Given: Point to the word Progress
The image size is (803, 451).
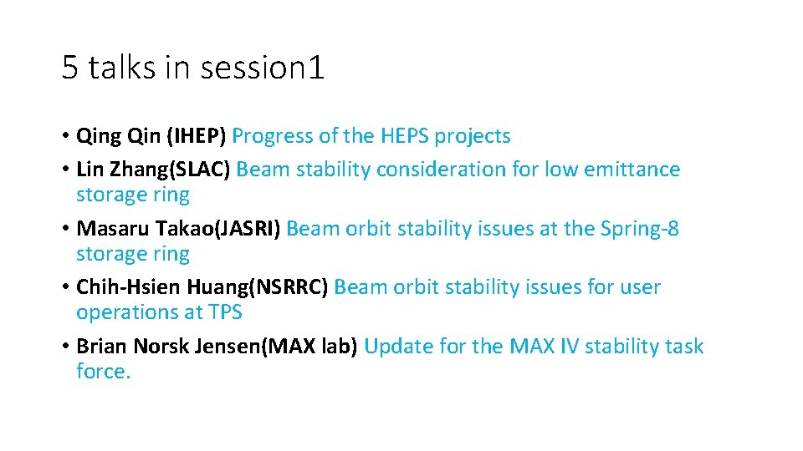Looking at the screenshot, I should pyautogui.click(x=273, y=136).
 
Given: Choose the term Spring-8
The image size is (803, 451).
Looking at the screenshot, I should pyautogui.click(x=640, y=229).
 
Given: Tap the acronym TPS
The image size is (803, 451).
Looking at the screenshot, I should pyautogui.click(x=225, y=312).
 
